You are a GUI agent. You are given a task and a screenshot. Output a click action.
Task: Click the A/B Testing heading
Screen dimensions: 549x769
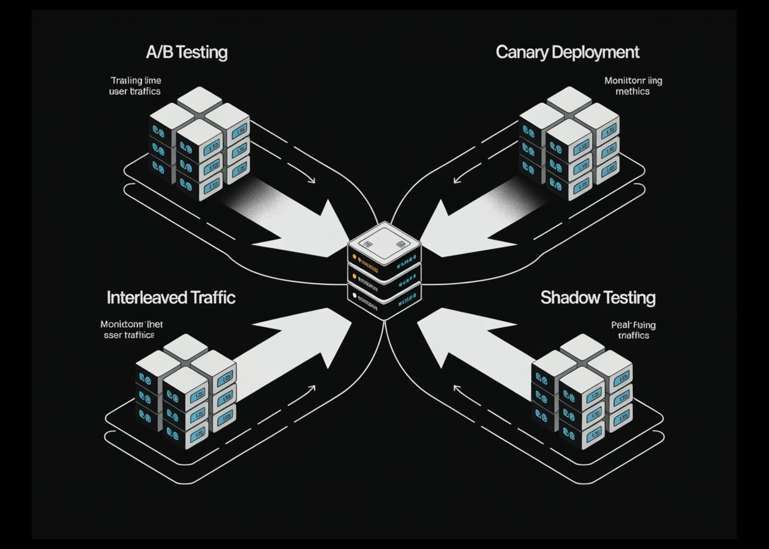pos(186,52)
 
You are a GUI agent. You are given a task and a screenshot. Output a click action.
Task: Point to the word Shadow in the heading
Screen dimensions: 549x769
pos(564,297)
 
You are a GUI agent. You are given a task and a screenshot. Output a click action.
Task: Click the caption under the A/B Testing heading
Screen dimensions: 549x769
pos(135,85)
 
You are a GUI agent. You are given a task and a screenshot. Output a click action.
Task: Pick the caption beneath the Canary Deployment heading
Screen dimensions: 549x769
pos(633,85)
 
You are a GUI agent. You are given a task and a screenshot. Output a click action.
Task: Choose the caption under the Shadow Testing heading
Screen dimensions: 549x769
pos(633,330)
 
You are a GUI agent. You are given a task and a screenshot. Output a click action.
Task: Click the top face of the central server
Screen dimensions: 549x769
pos(384,240)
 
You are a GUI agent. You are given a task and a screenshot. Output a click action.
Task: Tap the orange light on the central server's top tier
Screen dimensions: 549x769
pos(355,257)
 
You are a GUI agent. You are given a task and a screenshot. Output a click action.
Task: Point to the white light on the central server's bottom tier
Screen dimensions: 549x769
pos(355,296)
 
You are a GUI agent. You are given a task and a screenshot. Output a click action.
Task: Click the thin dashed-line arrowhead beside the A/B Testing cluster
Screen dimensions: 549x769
pos(313,181)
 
